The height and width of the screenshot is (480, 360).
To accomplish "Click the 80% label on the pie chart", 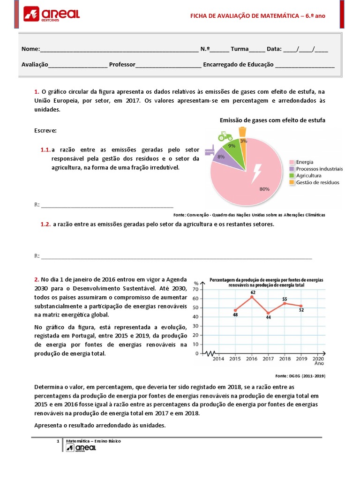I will pyautogui.click(x=264, y=189).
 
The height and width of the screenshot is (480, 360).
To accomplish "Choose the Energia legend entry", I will pyautogui.click(x=305, y=162).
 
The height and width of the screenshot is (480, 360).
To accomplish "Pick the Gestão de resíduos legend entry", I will pyautogui.click(x=317, y=182).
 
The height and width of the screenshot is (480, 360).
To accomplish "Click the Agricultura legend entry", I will pyautogui.click(x=308, y=175).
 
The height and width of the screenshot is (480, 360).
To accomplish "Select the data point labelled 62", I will pyautogui.click(x=252, y=296).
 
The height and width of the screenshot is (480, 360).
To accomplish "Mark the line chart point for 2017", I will pyautogui.click(x=268, y=313).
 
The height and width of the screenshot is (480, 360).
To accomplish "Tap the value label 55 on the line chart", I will pyautogui.click(x=285, y=299).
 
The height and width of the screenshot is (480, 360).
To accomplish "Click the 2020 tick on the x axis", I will pyautogui.click(x=318, y=359).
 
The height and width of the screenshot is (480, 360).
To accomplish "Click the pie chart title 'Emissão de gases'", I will pyautogui.click(x=272, y=120).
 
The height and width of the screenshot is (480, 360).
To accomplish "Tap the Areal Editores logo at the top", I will pyautogui.click(x=51, y=15).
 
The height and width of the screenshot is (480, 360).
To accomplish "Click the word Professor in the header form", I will pyautogui.click(x=122, y=65).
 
